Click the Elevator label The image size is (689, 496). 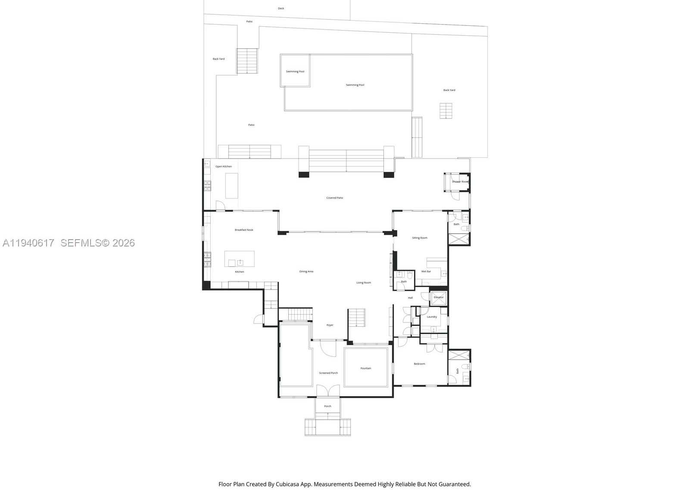coord(438,297)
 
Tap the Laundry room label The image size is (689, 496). coord(432,317)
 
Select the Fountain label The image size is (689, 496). coord(366,368)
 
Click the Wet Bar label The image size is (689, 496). coord(426,271)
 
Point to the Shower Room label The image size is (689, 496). coord(459,182)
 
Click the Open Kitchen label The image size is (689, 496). coord(224,166)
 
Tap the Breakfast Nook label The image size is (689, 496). coord(244,230)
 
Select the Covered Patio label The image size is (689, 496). coord(335,198)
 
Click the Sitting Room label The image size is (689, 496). coord(419,238)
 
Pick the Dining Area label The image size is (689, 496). coord(306,271)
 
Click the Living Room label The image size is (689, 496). coord(364,283)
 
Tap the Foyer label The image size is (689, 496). coord(330,325)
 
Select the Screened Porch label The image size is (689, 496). coord(328,373)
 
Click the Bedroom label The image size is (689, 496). coord(419,364)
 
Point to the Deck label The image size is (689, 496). coord(281,8)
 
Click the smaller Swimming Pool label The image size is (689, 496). coord(295,72)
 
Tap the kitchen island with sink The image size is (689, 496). coord(239,259)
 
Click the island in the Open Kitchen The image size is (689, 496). coord(232,186)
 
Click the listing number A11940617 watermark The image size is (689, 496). coord(28,243)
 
